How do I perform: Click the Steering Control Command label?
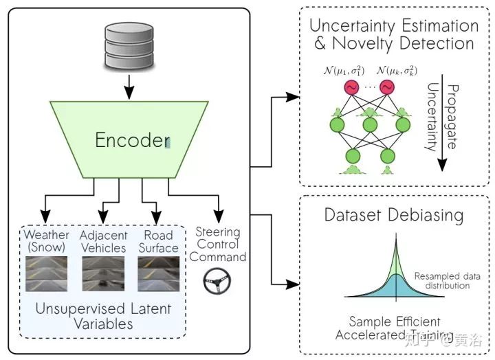click(x=218, y=244)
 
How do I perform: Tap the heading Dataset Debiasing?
click(x=394, y=214)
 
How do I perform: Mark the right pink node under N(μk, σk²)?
click(x=387, y=88)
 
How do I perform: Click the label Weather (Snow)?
click(x=47, y=242)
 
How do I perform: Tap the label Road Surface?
click(x=158, y=242)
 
